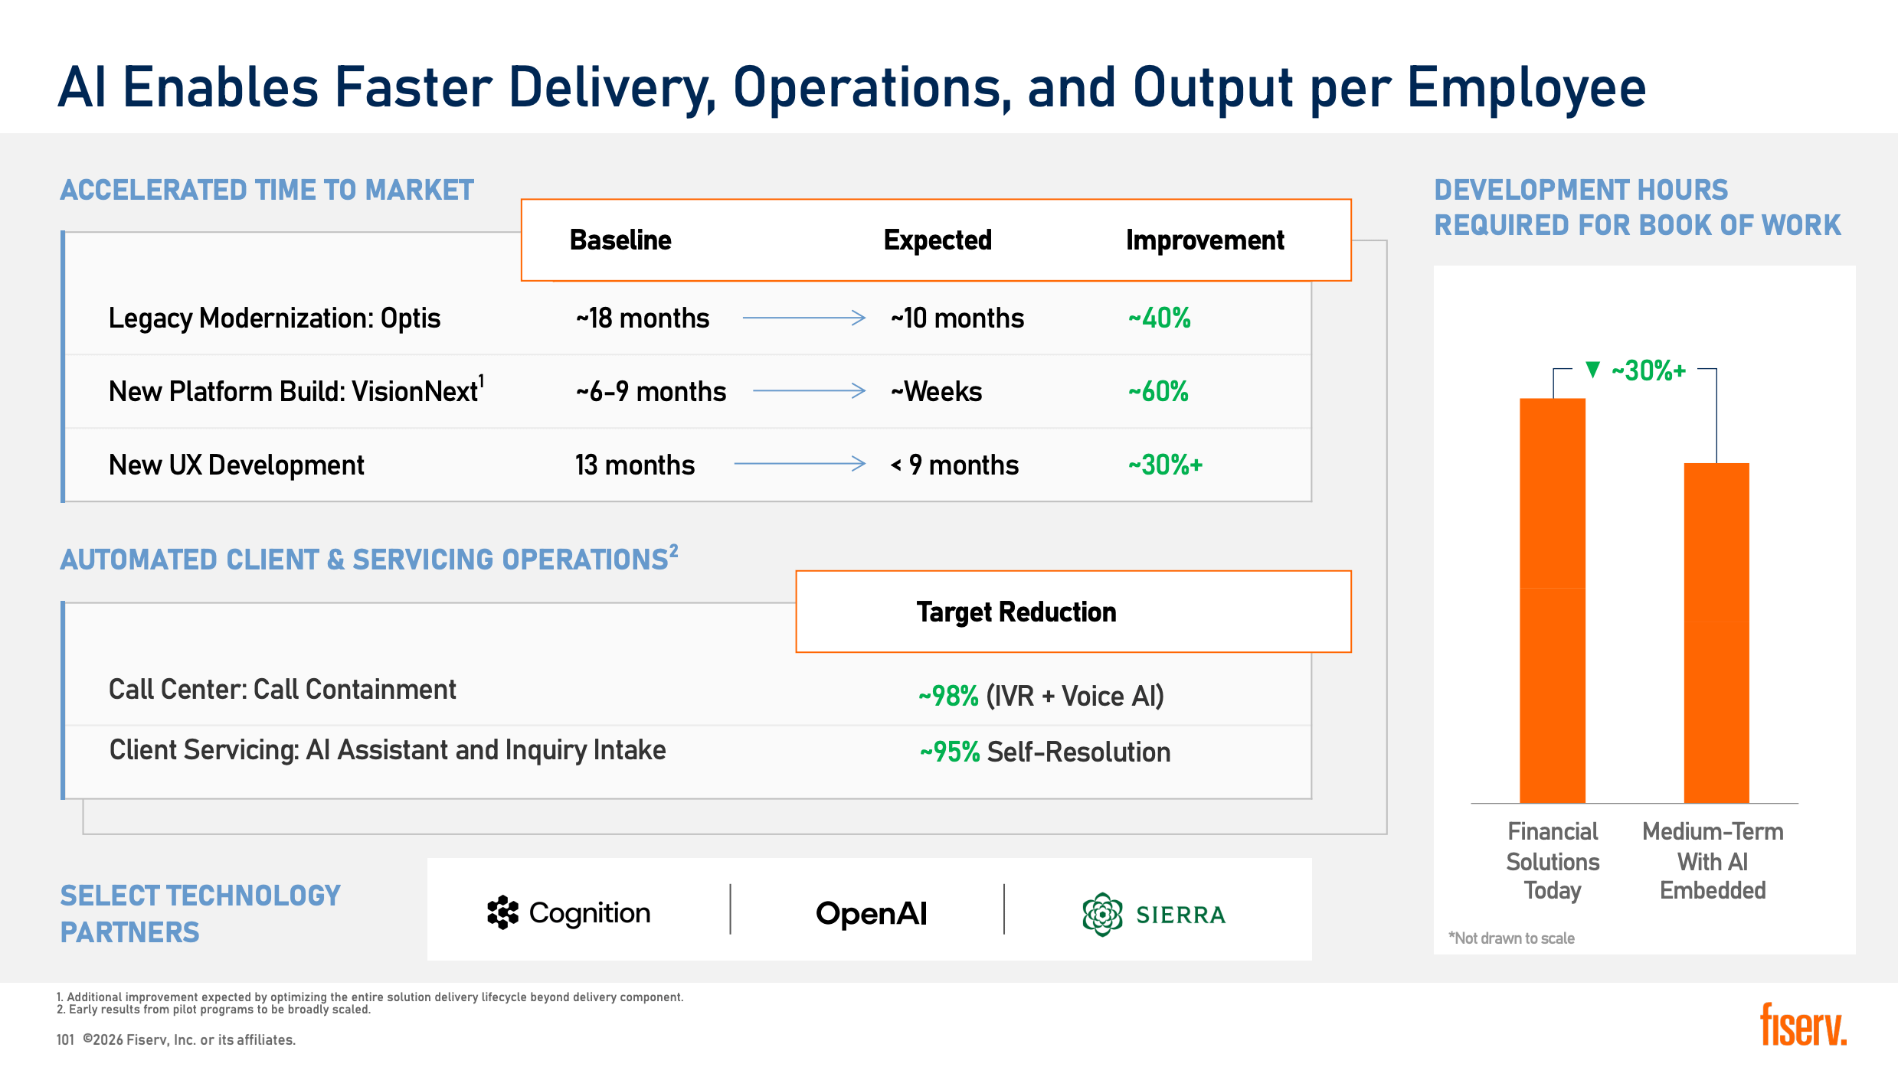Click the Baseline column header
[x=620, y=240]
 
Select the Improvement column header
[x=1205, y=240]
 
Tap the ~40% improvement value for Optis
[x=1159, y=318]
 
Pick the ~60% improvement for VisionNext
[x=1158, y=391]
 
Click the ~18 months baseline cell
[x=643, y=318]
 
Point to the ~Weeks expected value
[x=936, y=391]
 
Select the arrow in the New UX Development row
[x=800, y=463]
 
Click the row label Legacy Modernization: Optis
[x=274, y=318]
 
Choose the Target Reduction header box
[x=1073, y=612]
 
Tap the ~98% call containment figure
[x=948, y=696]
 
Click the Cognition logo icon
[x=502, y=912]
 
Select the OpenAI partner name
[x=871, y=913]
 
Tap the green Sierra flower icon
[x=1102, y=914]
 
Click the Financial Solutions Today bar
[x=1553, y=601]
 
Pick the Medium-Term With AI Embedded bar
[x=1716, y=633]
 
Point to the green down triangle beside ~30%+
[x=1593, y=370]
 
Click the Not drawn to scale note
[x=1511, y=938]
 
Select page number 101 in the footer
[x=65, y=1039]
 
